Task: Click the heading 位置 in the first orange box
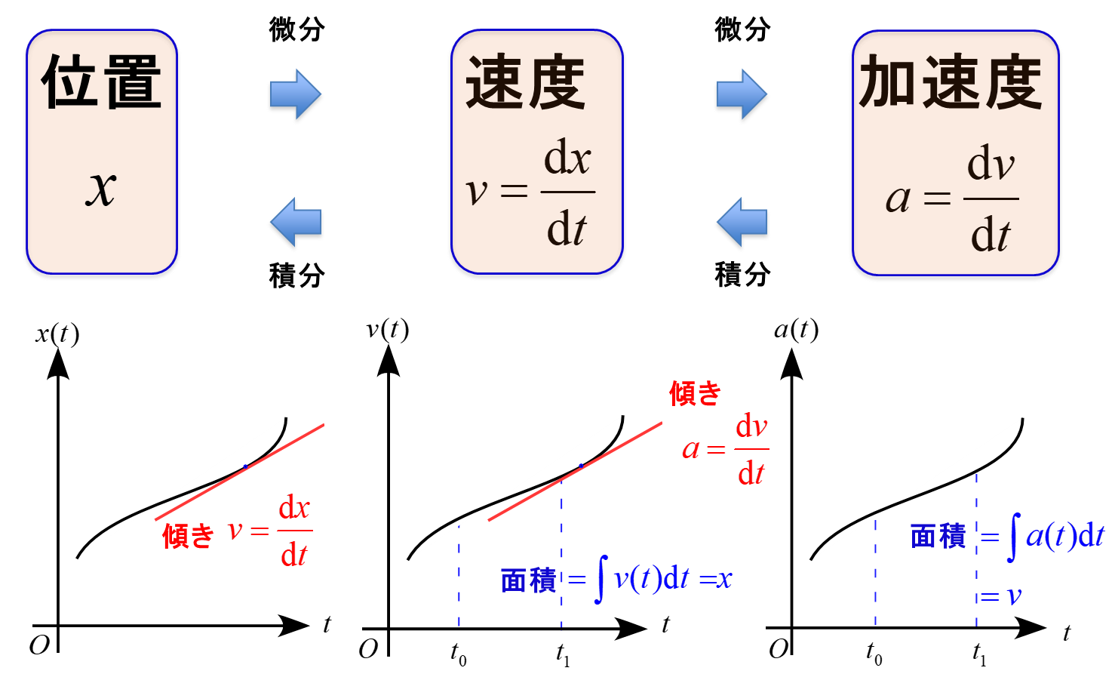(x=102, y=82)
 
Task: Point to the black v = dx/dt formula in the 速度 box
(x=531, y=193)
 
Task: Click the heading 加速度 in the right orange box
(x=951, y=82)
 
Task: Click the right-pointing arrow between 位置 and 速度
(x=296, y=96)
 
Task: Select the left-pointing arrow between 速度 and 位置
(x=296, y=224)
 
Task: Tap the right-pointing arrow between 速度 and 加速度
(x=742, y=96)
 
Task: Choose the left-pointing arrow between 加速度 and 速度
(x=742, y=224)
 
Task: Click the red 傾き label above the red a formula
(x=696, y=393)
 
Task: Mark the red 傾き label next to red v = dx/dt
(x=188, y=537)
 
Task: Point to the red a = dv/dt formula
(x=726, y=450)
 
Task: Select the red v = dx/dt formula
(x=270, y=531)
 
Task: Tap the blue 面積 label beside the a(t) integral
(x=938, y=537)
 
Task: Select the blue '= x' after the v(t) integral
(x=716, y=580)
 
